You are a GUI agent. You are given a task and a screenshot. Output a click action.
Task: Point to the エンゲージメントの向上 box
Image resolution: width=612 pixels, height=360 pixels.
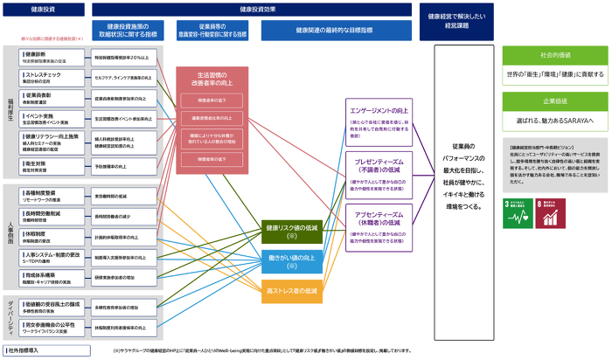point(379,124)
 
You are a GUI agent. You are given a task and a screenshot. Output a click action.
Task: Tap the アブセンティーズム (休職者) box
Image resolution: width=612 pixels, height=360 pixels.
point(379,222)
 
